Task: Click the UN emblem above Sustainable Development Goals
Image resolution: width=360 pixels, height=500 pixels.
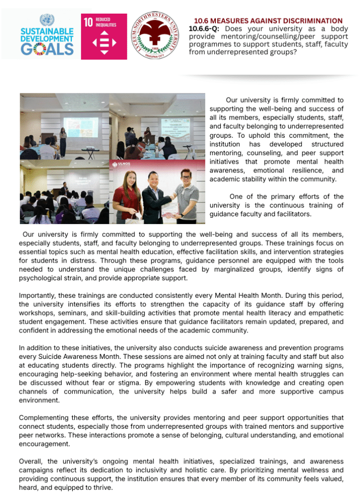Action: click(46, 20)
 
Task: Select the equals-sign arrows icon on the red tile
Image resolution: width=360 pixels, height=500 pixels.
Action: click(104, 42)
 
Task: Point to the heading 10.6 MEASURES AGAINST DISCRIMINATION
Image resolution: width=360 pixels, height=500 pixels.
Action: click(268, 21)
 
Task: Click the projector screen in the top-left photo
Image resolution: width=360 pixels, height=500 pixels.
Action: click(80, 126)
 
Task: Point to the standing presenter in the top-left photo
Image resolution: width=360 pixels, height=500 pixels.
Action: click(63, 139)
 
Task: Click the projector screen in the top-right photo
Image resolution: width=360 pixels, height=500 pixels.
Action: click(174, 126)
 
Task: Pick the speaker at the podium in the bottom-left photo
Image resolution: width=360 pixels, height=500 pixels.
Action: click(64, 188)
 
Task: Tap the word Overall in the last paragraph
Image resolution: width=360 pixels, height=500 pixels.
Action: click(31, 461)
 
